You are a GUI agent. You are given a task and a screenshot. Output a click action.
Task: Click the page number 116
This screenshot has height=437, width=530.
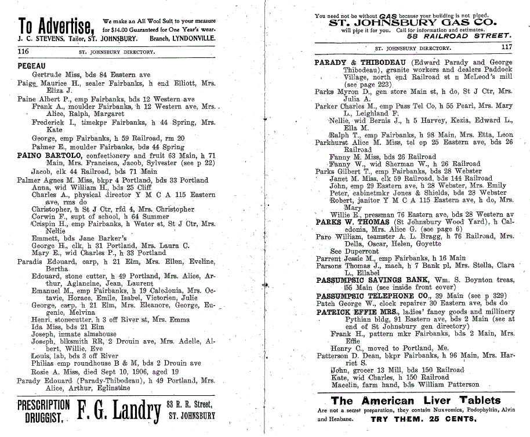click(x=24, y=52)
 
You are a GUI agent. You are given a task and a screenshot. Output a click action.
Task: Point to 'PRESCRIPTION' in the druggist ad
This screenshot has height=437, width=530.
click(x=43, y=405)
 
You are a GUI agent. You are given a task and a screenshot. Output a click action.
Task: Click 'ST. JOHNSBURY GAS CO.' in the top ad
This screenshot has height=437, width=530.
click(x=412, y=23)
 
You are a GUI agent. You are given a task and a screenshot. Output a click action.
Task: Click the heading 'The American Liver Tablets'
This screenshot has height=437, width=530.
click(x=415, y=401)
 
